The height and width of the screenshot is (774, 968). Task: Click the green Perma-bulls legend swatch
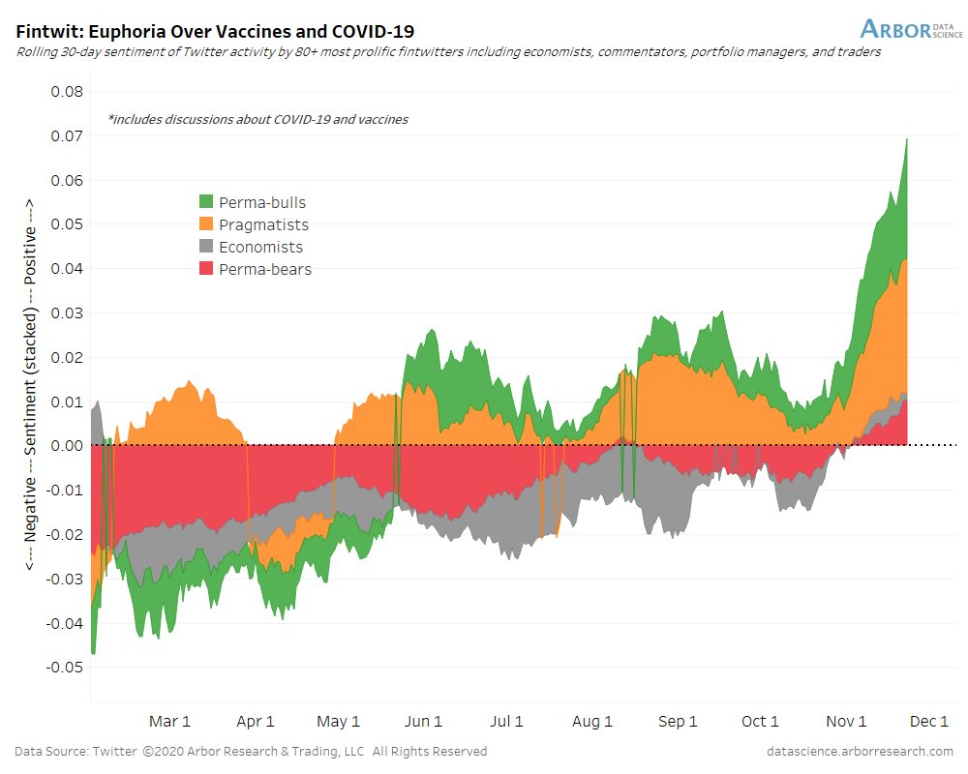click(206, 202)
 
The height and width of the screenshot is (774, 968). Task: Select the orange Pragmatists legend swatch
click(206, 224)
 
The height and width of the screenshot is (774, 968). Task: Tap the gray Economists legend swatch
click(206, 247)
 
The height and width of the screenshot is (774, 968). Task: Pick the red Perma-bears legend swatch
click(206, 269)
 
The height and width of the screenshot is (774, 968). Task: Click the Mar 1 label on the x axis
click(169, 722)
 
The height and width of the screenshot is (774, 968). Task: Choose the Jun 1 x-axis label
click(423, 722)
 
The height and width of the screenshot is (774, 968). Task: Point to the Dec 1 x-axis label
click(929, 722)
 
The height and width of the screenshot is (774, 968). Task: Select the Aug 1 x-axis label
click(592, 722)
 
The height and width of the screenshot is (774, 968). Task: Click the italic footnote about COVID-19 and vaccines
click(257, 120)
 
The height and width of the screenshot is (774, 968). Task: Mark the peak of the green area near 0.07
click(906, 139)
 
